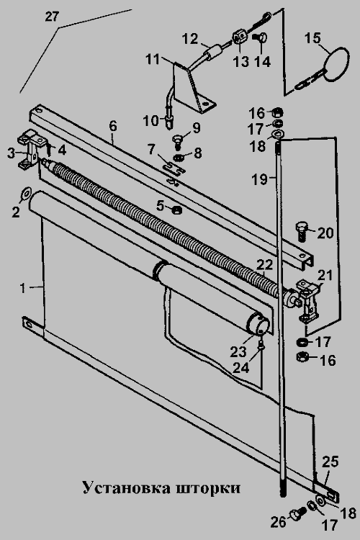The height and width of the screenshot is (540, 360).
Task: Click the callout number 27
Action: click(52, 17)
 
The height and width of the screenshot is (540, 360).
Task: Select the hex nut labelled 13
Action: click(240, 37)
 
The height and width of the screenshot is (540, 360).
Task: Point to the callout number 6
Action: click(113, 126)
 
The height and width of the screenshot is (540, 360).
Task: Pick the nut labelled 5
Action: click(176, 208)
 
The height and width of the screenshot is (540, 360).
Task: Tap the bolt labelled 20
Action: click(301, 232)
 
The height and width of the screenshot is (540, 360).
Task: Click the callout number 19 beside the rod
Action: click(259, 179)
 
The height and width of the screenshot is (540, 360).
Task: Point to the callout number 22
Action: click(264, 265)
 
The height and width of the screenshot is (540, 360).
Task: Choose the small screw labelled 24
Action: click(261, 345)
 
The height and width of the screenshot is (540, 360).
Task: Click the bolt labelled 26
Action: click(297, 513)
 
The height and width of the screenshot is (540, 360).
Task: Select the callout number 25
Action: click(330, 462)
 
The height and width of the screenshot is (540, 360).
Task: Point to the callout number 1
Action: click(23, 288)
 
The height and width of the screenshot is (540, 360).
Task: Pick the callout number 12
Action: click(190, 38)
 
